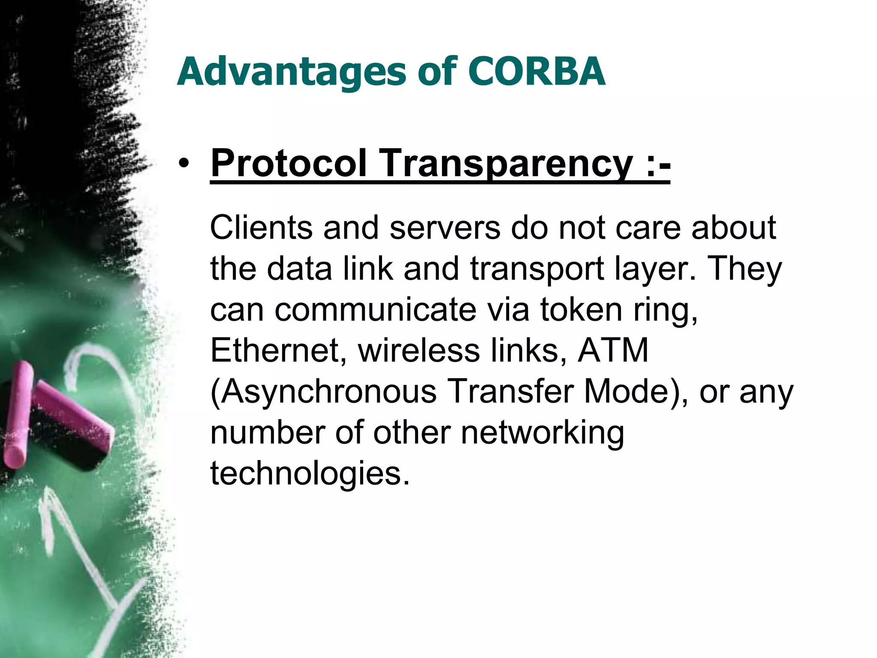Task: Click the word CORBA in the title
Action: tap(536, 71)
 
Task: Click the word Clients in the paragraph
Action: tap(261, 227)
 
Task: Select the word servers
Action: tap(445, 227)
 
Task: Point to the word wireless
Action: tap(419, 350)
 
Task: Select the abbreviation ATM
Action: tap(613, 350)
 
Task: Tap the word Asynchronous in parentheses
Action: tap(324, 392)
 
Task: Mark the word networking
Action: tap(542, 433)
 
